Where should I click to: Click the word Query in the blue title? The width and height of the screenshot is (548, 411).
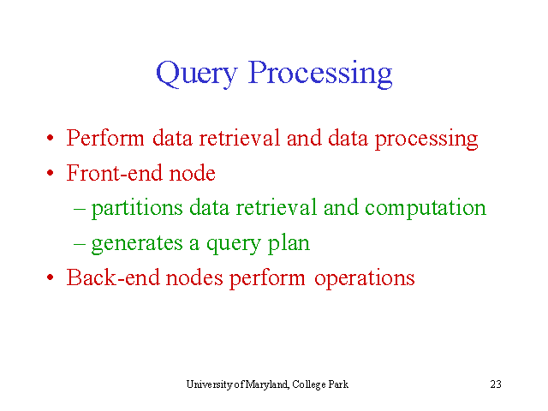tap(196, 74)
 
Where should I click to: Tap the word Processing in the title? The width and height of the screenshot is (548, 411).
tap(320, 74)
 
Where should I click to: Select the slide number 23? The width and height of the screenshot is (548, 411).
tap(496, 384)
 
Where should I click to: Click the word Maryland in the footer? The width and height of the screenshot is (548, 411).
tap(267, 384)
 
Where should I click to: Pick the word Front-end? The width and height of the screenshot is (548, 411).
tap(115, 173)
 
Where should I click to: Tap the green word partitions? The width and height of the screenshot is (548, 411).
tap(137, 208)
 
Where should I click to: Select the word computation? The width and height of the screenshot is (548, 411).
tap(426, 208)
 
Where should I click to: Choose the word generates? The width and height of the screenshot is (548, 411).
tap(137, 243)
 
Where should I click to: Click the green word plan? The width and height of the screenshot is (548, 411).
tap(289, 243)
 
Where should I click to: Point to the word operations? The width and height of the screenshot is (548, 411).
tap(365, 278)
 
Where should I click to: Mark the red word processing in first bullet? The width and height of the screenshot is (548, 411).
tap(426, 139)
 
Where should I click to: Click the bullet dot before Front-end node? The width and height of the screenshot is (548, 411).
tap(51, 173)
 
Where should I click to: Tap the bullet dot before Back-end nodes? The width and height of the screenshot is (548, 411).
tap(51, 277)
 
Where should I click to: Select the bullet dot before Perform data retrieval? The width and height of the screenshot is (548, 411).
tap(51, 138)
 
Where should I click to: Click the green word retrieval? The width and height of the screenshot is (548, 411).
tap(276, 207)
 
